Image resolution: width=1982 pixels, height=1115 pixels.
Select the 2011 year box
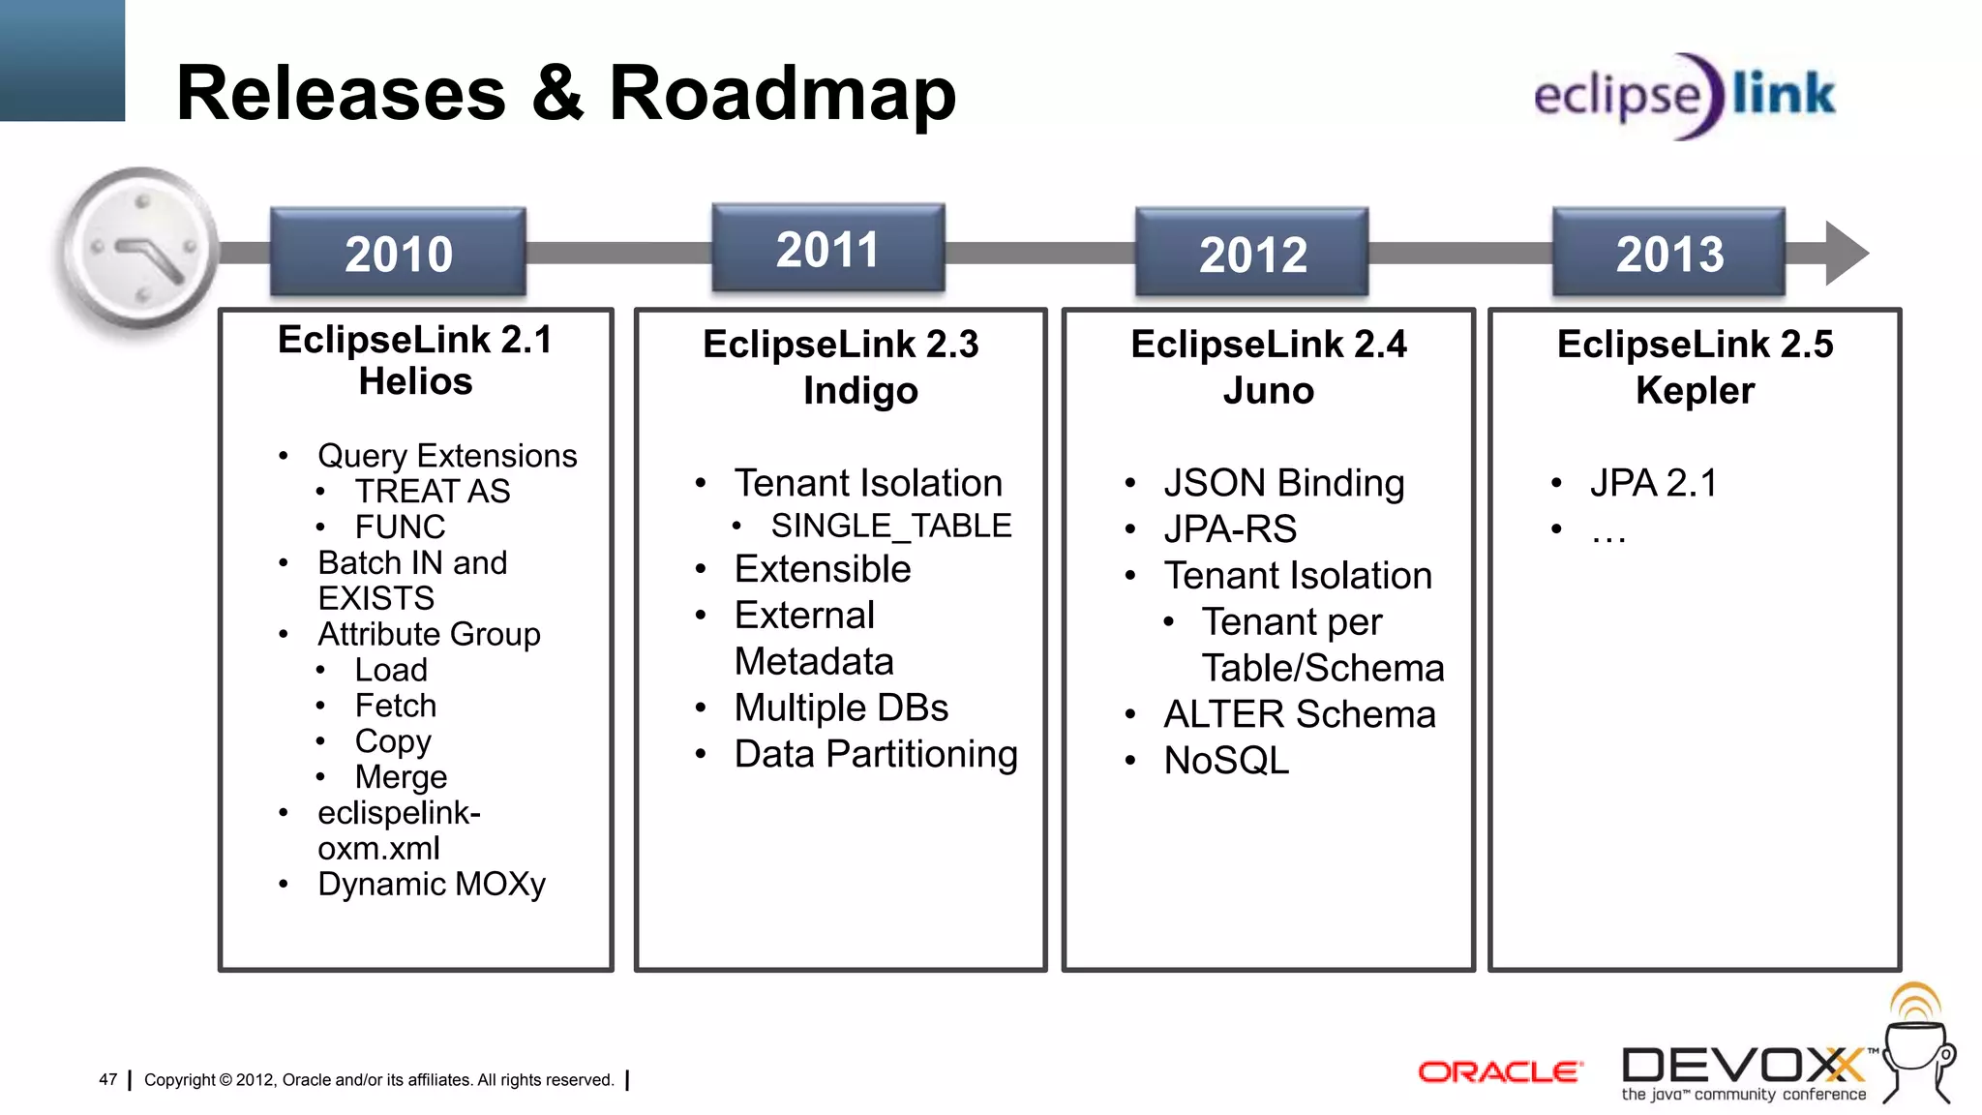[827, 249]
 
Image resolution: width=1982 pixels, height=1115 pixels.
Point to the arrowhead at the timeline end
[1844, 254]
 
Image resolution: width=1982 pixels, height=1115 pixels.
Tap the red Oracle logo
[1499, 1071]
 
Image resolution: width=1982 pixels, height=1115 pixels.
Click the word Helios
[415, 381]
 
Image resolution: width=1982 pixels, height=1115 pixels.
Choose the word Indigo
[860, 391]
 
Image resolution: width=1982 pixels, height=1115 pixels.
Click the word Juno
[1268, 391]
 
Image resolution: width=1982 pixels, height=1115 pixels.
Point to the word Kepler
[1695, 391]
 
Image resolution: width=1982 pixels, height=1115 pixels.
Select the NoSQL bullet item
[1226, 761]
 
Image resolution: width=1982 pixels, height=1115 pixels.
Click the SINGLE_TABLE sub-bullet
[890, 526]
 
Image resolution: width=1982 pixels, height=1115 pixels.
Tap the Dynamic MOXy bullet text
[432, 884]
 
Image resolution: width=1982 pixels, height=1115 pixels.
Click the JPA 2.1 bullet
[1653, 483]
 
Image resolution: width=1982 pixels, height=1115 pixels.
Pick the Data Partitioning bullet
[875, 754]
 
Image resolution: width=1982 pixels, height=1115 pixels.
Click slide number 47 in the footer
[107, 1079]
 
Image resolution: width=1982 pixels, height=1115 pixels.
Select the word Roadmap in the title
[782, 94]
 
